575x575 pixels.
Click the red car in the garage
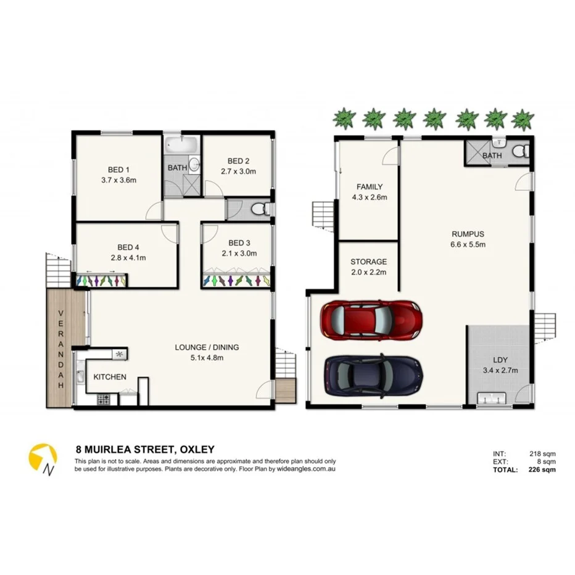tap(371, 320)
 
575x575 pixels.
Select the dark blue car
tap(373, 374)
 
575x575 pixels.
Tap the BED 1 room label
tap(119, 170)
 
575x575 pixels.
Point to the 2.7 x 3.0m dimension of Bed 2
tap(238, 172)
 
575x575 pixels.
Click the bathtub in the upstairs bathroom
tap(181, 147)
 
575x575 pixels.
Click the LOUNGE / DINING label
tap(207, 347)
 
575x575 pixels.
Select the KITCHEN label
tap(110, 377)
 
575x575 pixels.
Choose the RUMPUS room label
tap(467, 234)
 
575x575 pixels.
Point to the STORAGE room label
tap(368, 262)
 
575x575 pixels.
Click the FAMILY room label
tap(370, 187)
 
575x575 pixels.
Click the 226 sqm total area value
tap(543, 470)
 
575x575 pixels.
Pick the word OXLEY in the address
tap(196, 450)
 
